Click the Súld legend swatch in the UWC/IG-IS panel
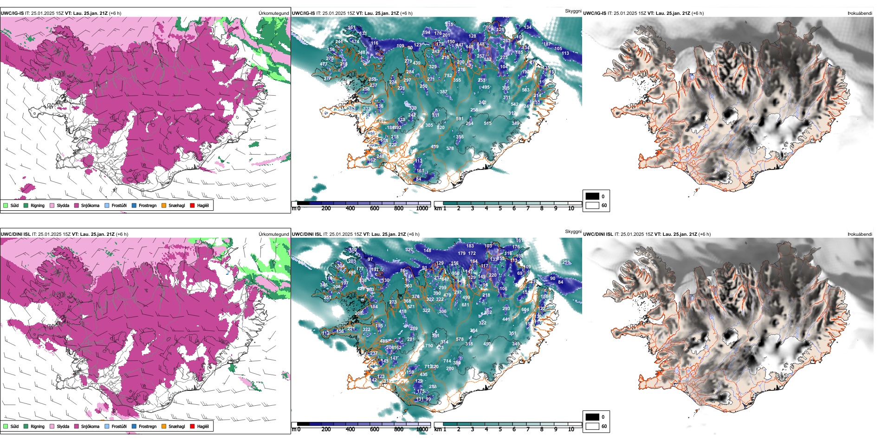[6, 206]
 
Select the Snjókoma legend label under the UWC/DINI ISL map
[90, 427]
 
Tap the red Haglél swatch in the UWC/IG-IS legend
[193, 206]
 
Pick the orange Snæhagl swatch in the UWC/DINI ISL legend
[164, 427]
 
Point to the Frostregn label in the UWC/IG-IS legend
[147, 206]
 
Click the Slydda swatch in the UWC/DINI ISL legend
[52, 427]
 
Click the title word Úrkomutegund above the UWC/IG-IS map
[273, 13]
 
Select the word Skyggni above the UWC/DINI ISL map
[573, 231]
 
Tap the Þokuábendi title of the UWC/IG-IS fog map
[860, 13]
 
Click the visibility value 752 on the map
[448, 76]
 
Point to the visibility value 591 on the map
[460, 119]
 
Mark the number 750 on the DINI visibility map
[429, 346]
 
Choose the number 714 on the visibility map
[447, 361]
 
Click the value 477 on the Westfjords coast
[324, 64]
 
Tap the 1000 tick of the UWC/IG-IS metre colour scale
[422, 208]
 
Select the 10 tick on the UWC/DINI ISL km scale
[571, 429]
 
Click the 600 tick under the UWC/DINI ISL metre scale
[375, 429]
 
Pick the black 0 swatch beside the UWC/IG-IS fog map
[592, 196]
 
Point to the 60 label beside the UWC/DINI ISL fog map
[604, 426]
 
